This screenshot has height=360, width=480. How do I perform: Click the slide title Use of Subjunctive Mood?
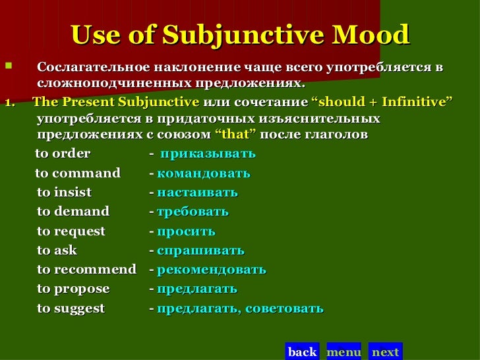pos(239,35)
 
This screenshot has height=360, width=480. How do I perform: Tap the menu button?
pos(344,351)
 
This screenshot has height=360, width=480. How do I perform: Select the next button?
pos(385,351)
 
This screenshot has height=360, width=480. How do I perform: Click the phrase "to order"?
pos(63,154)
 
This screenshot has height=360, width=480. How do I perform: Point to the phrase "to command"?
pos(78,173)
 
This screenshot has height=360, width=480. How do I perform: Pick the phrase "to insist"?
pos(64,193)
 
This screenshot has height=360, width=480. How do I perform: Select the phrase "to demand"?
pos(73,212)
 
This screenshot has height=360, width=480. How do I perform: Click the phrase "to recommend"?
pos(86,270)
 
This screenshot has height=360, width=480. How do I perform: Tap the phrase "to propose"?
pos(73,289)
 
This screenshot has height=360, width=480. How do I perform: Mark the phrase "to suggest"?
pos(71,309)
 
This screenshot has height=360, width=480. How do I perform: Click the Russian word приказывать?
pos(208,154)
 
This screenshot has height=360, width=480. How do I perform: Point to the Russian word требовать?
pos(193,212)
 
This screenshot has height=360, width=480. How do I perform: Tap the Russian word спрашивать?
pos(200,251)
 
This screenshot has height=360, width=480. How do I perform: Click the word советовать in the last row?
pos(285,309)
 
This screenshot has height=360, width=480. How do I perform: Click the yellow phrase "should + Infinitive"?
pos(381,103)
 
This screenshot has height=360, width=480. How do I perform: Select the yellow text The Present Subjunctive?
pos(115,103)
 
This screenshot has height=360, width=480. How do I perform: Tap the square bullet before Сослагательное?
pos(8,67)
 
